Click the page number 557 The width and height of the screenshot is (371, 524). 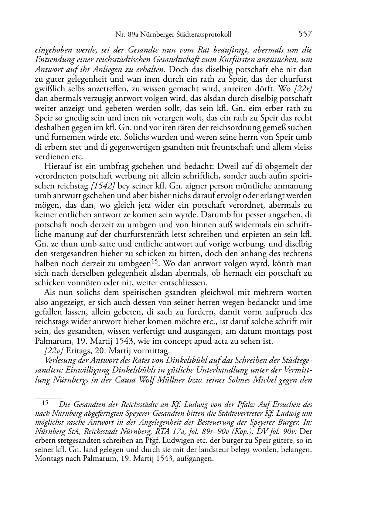(x=305, y=34)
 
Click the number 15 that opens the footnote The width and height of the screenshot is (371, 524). (x=45, y=404)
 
